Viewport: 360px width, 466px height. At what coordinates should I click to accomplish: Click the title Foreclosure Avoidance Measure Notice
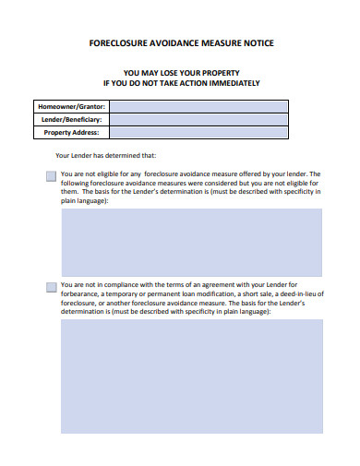(180, 43)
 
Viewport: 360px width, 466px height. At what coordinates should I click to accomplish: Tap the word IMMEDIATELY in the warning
(229, 83)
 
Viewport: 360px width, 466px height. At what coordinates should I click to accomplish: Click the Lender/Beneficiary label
(72, 119)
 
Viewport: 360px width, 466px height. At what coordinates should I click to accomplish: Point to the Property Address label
(73, 132)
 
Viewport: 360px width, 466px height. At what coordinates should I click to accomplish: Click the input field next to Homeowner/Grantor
(217, 106)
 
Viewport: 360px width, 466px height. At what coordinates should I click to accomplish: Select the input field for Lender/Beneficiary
(217, 119)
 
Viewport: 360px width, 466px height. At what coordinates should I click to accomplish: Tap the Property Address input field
(217, 132)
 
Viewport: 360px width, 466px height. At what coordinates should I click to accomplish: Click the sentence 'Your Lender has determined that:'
(106, 155)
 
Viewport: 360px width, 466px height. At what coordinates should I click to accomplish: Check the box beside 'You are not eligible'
(51, 175)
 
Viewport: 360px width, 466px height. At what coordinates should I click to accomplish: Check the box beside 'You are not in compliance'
(51, 286)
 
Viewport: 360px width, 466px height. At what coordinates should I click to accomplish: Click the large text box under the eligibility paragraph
(192, 242)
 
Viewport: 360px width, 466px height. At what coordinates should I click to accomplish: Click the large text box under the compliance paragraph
(192, 376)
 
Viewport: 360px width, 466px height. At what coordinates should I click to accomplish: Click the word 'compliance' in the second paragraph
(122, 284)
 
